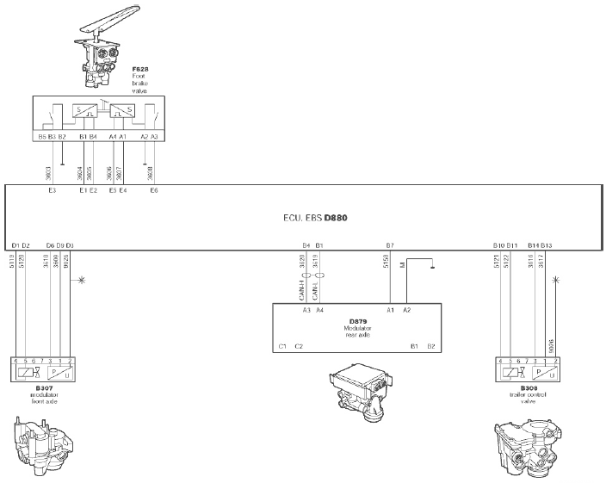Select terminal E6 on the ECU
click(153, 190)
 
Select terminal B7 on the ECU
click(390, 246)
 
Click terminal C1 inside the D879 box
click(282, 345)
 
